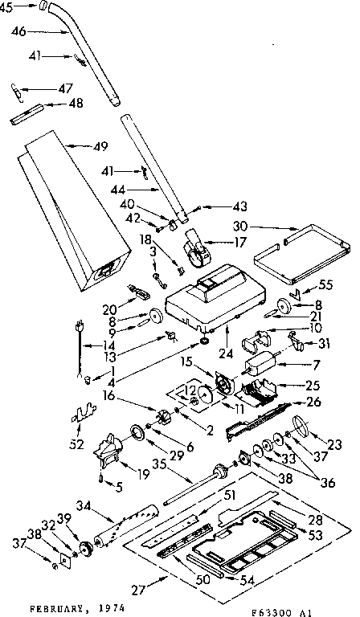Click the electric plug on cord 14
pos(79,328)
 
